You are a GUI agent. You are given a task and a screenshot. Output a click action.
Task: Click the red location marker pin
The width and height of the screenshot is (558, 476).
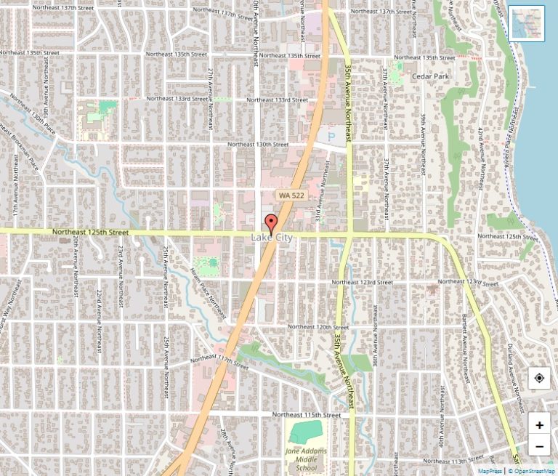[271, 222]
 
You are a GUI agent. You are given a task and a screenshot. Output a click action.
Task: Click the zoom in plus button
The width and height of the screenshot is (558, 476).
[539, 425]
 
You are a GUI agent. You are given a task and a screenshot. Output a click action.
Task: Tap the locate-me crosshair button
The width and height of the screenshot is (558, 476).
[539, 378]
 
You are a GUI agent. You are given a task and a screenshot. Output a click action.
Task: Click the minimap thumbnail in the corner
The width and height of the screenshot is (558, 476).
[526, 23]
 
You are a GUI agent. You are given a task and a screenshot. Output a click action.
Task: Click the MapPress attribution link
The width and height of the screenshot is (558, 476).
[490, 471]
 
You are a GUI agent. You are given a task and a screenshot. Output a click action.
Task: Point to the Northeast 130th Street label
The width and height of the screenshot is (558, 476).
[259, 145]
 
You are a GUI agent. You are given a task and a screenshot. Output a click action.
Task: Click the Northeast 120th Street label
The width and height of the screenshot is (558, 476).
[318, 327]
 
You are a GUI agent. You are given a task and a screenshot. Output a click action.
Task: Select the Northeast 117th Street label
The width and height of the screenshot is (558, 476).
[220, 360]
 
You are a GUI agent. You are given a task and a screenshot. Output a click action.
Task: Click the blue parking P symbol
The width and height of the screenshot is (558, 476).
[332, 134]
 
